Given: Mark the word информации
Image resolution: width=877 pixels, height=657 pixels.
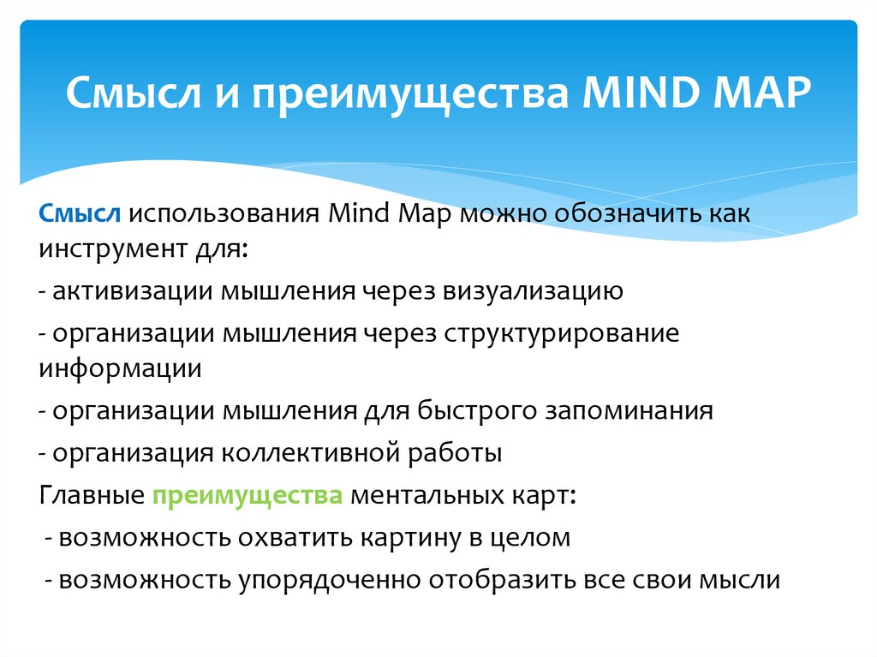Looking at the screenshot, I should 120,368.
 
